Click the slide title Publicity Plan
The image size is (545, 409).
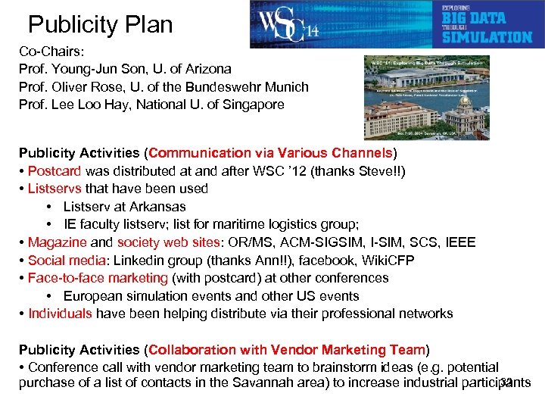[100, 25]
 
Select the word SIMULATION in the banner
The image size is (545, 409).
[487, 36]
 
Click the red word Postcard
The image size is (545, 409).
[55, 171]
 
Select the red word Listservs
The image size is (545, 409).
[54, 189]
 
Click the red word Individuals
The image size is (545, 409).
[60, 314]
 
